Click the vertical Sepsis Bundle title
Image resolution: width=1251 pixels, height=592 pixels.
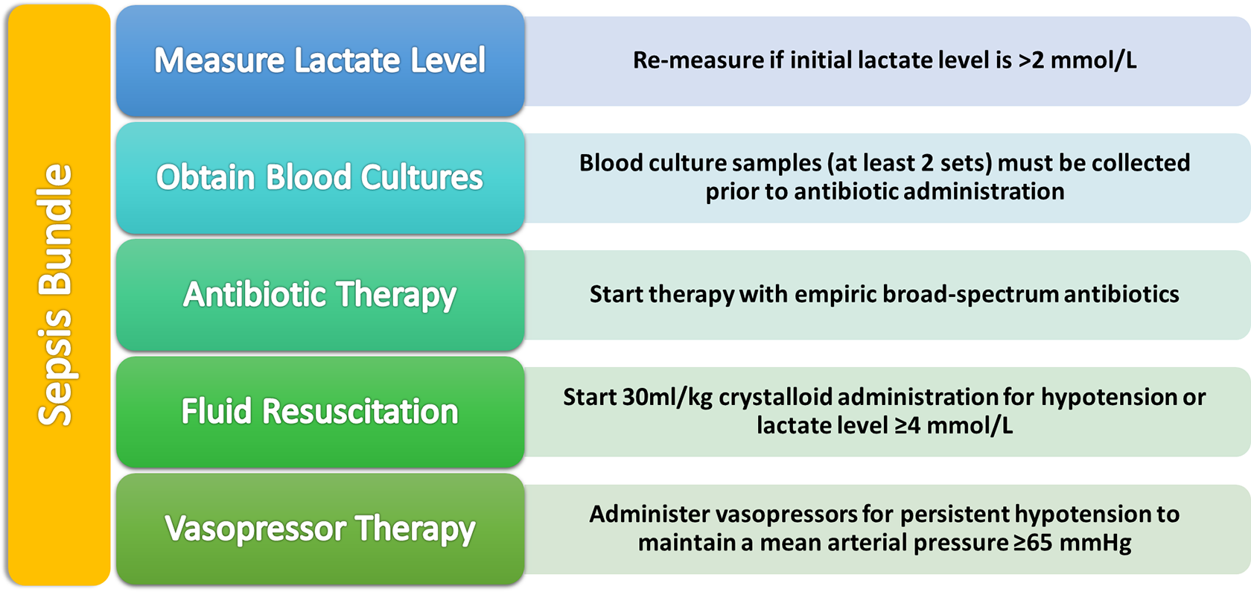pyautogui.click(x=55, y=295)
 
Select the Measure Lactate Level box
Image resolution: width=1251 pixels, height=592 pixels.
pyautogui.click(x=320, y=60)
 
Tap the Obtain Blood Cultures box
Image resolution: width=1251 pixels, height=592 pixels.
pyautogui.click(x=320, y=177)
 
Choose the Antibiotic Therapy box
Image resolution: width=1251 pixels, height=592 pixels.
pyautogui.click(x=320, y=295)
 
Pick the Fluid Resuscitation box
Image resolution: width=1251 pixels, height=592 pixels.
pyautogui.click(x=320, y=413)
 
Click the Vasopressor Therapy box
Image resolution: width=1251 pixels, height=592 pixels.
pyautogui.click(x=320, y=529)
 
